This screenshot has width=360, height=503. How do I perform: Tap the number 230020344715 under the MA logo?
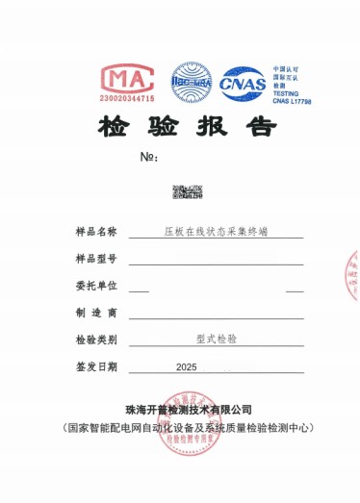pyautogui.click(x=127, y=98)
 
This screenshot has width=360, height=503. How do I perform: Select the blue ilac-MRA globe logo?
pyautogui.click(x=191, y=83)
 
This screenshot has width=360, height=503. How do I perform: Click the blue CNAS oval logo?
pyautogui.click(x=242, y=84)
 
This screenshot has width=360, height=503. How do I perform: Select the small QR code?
pyautogui.click(x=181, y=191)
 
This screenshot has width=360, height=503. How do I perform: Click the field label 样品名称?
pyautogui.click(x=94, y=232)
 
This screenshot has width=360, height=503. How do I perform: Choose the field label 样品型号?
pyautogui.click(x=94, y=260)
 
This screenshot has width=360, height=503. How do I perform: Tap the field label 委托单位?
pyautogui.click(x=94, y=286)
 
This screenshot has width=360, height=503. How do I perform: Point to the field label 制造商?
pyautogui.click(x=94, y=313)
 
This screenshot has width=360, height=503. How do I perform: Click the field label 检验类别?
pyautogui.click(x=94, y=340)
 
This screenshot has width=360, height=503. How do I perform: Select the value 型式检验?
pyautogui.click(x=216, y=340)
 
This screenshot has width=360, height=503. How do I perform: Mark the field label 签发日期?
pyautogui.click(x=94, y=366)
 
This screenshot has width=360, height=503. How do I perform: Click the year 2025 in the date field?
pyautogui.click(x=187, y=367)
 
